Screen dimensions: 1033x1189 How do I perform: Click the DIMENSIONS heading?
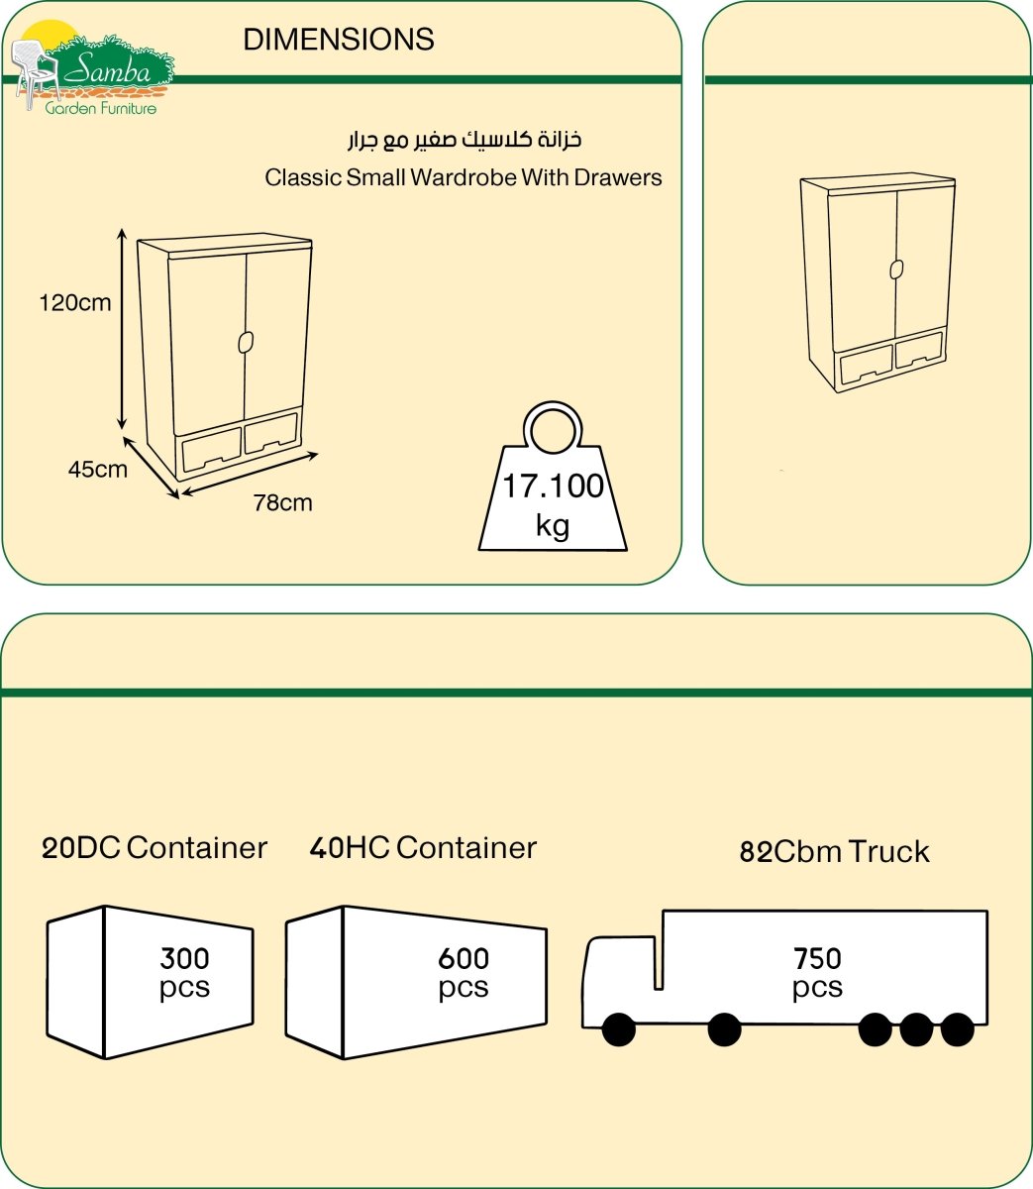(339, 40)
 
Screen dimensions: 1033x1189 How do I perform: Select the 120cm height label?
(75, 303)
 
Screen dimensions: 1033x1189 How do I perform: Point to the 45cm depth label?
(97, 469)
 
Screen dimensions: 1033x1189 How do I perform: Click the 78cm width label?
(283, 502)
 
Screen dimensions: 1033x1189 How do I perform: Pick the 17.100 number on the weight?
(553, 486)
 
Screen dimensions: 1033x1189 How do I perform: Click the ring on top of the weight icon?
(553, 428)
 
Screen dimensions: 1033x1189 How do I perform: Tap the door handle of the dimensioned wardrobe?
(246, 342)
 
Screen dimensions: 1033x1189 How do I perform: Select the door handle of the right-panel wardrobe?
(896, 270)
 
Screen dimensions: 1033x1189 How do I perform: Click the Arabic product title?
(465, 140)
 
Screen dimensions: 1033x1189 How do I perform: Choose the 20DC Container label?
(155, 848)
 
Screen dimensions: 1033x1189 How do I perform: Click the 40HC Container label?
(423, 848)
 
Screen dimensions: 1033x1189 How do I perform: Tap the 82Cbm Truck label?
(834, 852)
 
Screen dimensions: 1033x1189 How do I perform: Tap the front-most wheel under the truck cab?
(619, 1029)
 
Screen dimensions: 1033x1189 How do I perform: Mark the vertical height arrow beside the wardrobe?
(122, 329)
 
